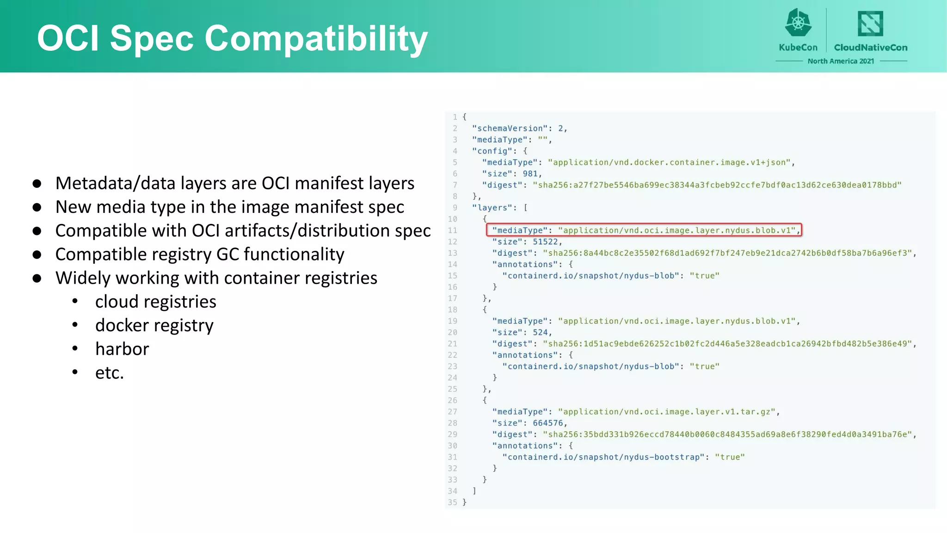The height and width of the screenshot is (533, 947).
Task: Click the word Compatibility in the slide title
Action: pyautogui.click(x=316, y=39)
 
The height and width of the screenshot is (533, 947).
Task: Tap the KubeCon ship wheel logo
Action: pyautogui.click(x=798, y=23)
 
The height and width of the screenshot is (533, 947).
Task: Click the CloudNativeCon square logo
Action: pyautogui.click(x=870, y=24)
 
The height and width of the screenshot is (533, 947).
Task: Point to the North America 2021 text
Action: pyautogui.click(x=841, y=61)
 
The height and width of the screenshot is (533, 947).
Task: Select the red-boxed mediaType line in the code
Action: pyautogui.click(x=644, y=230)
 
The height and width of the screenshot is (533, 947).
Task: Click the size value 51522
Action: pyautogui.click(x=545, y=242)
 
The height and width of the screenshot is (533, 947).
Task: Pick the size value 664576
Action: pyautogui.click(x=548, y=423)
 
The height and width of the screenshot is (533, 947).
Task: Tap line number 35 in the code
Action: pyautogui.click(x=452, y=502)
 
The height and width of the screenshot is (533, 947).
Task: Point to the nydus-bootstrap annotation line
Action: pyautogui.click(x=623, y=457)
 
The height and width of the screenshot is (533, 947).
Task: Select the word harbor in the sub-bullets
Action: pyautogui.click(x=122, y=349)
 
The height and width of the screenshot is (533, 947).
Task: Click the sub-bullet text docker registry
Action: pyautogui.click(x=154, y=325)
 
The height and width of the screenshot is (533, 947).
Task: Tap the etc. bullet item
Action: pyautogui.click(x=110, y=372)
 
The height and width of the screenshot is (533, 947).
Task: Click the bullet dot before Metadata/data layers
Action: pyautogui.click(x=37, y=184)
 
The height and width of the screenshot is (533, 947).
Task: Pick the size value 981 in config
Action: pyautogui.click(x=530, y=174)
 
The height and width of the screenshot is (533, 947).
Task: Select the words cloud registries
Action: pyautogui.click(x=156, y=302)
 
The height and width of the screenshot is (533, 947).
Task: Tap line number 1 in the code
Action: pyautogui.click(x=455, y=117)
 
